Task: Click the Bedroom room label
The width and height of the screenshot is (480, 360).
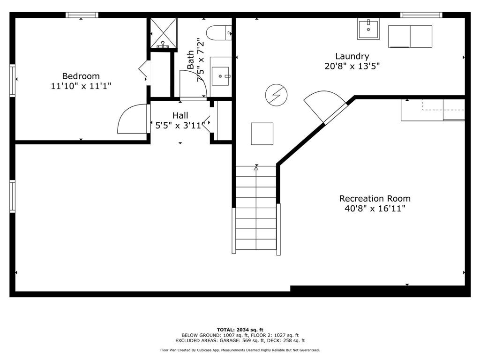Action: pyautogui.click(x=81, y=76)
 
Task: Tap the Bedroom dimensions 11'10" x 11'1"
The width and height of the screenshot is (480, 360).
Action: pyautogui.click(x=81, y=86)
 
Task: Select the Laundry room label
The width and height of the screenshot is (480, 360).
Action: pyautogui.click(x=352, y=56)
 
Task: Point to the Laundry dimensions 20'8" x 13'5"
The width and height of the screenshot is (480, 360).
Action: pyautogui.click(x=352, y=66)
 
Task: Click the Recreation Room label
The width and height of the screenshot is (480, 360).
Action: pyautogui.click(x=375, y=198)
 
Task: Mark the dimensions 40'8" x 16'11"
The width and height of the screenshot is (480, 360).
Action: pyautogui.click(x=375, y=209)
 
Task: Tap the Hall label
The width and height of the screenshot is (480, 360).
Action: pyautogui.click(x=180, y=115)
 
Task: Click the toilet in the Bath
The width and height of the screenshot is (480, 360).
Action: pyautogui.click(x=219, y=33)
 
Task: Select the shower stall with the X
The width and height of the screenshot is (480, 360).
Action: pyautogui.click(x=164, y=33)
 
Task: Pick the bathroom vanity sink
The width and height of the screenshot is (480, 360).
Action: pyautogui.click(x=220, y=76)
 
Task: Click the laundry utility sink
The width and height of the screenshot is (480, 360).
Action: pyautogui.click(x=368, y=29)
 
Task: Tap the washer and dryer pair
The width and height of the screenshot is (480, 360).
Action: pyautogui.click(x=410, y=37)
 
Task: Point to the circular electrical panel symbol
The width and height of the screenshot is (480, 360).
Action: pyautogui.click(x=276, y=95)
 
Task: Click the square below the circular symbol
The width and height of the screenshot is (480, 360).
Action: pyautogui.click(x=262, y=134)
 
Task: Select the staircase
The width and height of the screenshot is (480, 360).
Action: pyautogui.click(x=256, y=210)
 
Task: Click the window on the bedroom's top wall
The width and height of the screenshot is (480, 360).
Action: pyautogui.click(x=82, y=15)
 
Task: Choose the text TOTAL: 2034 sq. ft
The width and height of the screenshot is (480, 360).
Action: pyautogui.click(x=240, y=330)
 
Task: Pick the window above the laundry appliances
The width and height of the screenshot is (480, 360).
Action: pyautogui.click(x=421, y=15)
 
